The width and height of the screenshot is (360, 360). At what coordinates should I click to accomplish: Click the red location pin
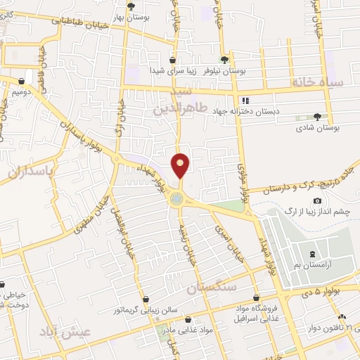point(181,166)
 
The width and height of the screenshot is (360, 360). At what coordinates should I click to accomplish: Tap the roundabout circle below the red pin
point(176,199)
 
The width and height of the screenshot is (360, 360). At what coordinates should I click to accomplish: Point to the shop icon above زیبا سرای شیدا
point(172,60)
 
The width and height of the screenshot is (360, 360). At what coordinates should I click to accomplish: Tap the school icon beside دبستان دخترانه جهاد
point(245,100)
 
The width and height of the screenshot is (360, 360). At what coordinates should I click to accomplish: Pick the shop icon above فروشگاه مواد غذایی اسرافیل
point(256,297)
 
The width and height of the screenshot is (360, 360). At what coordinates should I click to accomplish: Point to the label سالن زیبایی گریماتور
point(144,309)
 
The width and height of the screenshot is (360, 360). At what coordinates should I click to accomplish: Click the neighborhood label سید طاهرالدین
point(172,101)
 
